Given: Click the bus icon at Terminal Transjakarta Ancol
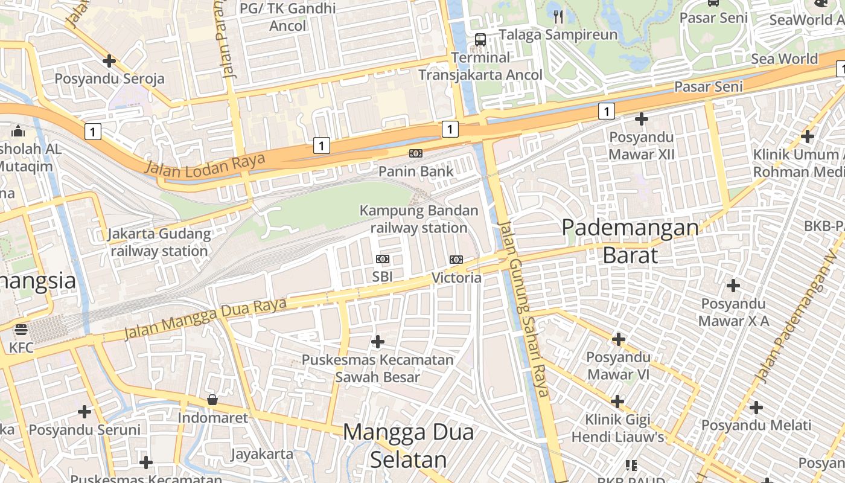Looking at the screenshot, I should pos(480,40).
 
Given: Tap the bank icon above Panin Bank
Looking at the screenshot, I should pos(416,153).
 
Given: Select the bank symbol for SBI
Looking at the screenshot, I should pos(383,259).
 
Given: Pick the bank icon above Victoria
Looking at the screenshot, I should pos(456,260).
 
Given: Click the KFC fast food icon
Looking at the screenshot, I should pos(21,330).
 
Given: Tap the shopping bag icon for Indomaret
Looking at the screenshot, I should pos(212,400).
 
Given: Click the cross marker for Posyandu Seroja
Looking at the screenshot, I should pos(109,61).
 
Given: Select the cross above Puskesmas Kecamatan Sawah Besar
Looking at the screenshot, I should pos(378,342).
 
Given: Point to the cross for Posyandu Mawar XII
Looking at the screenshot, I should pos(642,119).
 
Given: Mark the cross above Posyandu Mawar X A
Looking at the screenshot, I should pos(733,285).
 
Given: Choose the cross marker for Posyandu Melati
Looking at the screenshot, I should pos(756,408).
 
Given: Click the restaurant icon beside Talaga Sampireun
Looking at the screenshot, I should pos(558,17).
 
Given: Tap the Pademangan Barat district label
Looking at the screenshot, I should pos(630,241).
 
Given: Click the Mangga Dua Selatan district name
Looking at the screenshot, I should pos(409,446).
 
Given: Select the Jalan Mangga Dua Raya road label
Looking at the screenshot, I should pos(205,318).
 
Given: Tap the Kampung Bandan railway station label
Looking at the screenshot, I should pos(419,219).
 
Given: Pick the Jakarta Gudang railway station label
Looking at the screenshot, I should pos(159,242).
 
